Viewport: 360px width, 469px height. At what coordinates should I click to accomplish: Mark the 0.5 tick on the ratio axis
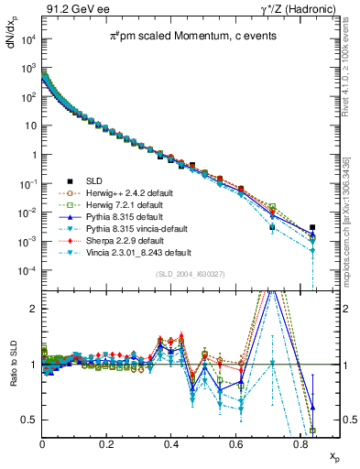point(30,420)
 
